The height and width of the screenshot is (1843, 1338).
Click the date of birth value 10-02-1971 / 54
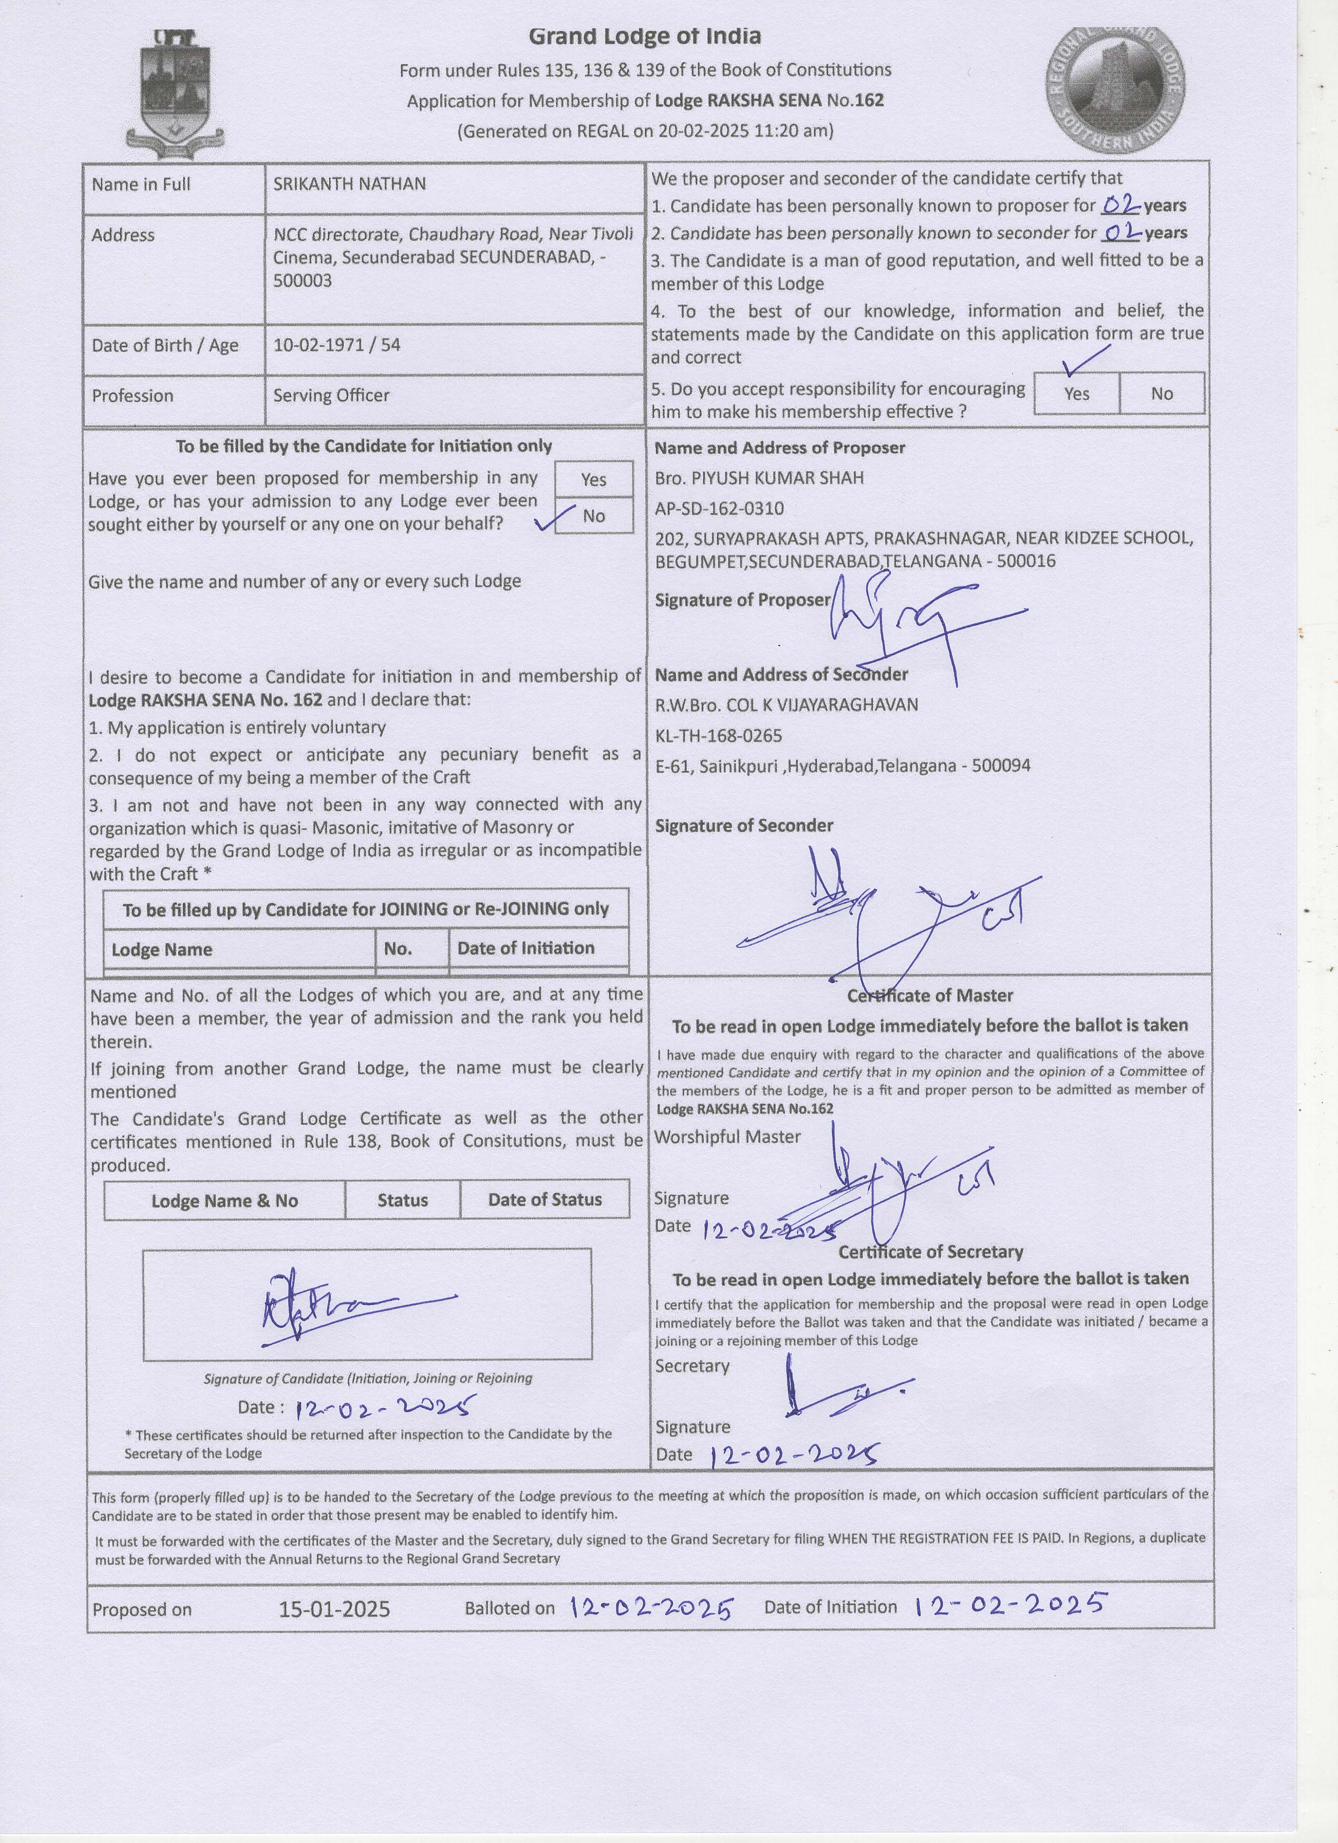coord(336,345)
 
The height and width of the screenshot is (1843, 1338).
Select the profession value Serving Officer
coord(331,396)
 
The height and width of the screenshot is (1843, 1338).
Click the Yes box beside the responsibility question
coord(1077,393)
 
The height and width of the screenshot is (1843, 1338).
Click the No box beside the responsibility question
coord(1162,393)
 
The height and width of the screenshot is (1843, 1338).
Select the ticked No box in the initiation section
coord(593,516)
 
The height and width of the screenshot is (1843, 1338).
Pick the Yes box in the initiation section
coord(593,480)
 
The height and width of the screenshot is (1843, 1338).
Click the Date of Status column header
coord(544,1199)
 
